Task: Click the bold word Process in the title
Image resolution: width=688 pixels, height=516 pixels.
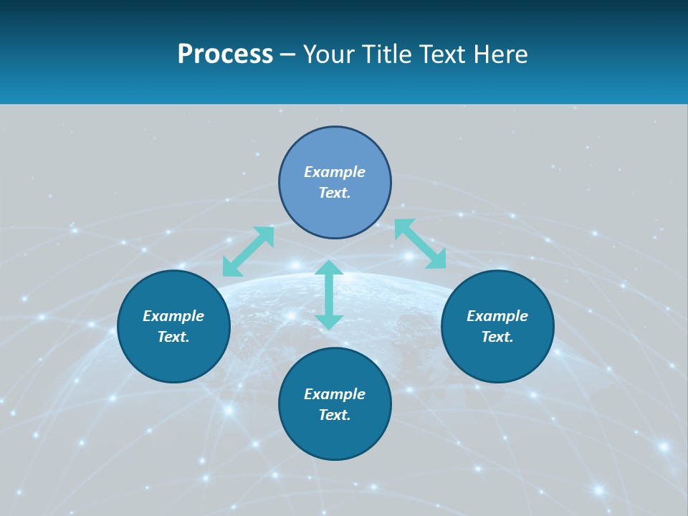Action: (225, 54)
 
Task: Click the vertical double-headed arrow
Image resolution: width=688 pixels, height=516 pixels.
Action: (329, 295)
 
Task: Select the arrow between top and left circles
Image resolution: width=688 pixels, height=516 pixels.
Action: (248, 251)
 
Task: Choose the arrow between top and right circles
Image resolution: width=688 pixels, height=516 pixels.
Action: (420, 244)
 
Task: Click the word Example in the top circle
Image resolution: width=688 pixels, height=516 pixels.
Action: (335, 172)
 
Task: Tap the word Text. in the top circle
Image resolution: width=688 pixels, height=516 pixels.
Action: (335, 193)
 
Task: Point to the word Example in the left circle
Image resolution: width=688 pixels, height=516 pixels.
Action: (173, 316)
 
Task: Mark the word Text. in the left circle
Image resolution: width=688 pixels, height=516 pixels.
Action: (173, 337)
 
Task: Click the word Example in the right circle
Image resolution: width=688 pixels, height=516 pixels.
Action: (497, 316)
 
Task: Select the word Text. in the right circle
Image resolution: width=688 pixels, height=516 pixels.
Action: (497, 337)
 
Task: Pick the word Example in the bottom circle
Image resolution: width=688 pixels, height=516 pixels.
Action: (335, 394)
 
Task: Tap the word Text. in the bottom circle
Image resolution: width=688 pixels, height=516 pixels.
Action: (335, 415)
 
